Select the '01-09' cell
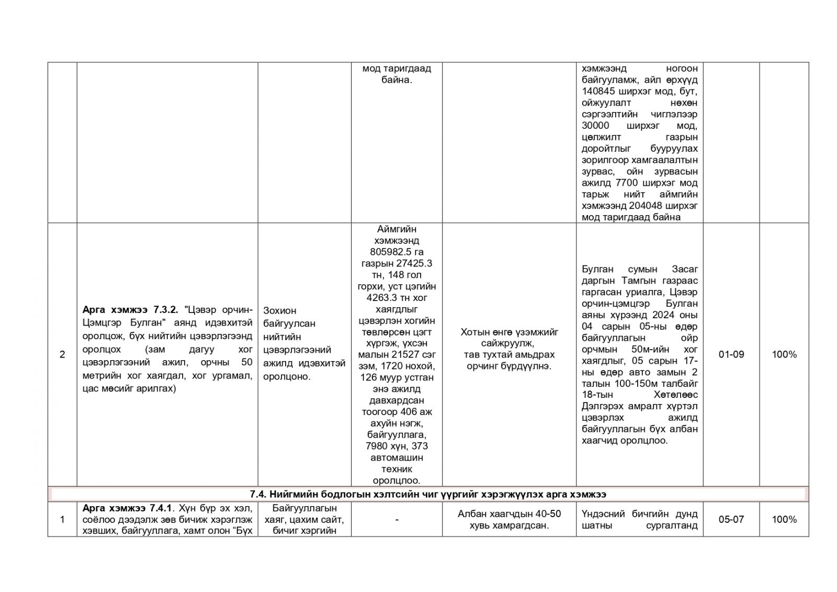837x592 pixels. pyautogui.click(x=731, y=354)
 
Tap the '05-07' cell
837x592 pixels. pyautogui.click(x=731, y=519)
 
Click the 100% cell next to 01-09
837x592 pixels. pyautogui.click(x=784, y=354)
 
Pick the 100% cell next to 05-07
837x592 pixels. pyautogui.click(x=784, y=519)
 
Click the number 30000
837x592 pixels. pyautogui.click(x=597, y=126)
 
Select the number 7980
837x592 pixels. pyautogui.click(x=378, y=446)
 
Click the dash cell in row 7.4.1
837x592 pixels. pyautogui.click(x=397, y=519)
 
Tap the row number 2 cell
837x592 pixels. pyautogui.click(x=62, y=354)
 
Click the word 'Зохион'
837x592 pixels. pyautogui.click(x=280, y=310)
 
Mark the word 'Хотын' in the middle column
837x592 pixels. pyautogui.click(x=474, y=332)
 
